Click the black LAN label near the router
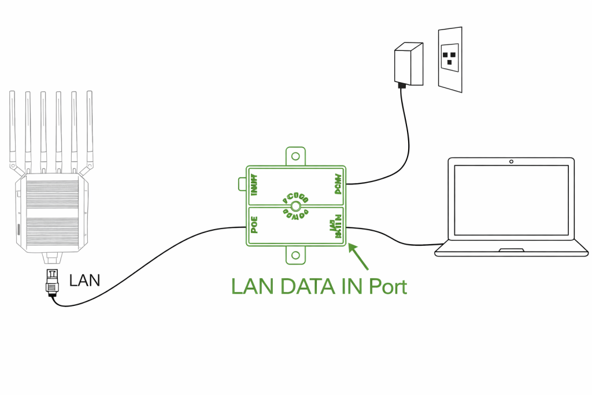tap(84, 280)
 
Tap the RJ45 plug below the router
tap(52, 281)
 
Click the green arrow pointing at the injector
tap(360, 257)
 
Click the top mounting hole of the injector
tap(296, 156)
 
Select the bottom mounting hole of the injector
tap(296, 254)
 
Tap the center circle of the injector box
tap(295, 206)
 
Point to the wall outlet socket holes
tap(450, 57)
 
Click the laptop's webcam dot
tap(512, 161)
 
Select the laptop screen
tap(512, 200)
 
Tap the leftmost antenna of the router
tap(13, 127)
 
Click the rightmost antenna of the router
tap(90, 127)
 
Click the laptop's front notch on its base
tap(512, 250)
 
